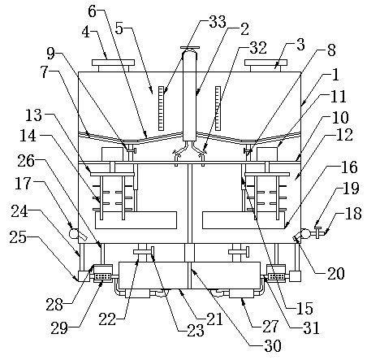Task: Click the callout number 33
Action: (x=217, y=22)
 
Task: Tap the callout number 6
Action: (x=92, y=11)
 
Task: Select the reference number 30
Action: (x=273, y=345)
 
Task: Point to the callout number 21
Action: (x=214, y=319)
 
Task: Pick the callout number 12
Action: (x=344, y=135)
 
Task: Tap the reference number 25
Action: (x=18, y=237)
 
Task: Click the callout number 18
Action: (x=353, y=213)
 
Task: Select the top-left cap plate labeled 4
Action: (x=113, y=63)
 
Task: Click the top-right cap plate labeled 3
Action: (x=266, y=63)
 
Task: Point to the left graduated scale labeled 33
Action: (x=161, y=108)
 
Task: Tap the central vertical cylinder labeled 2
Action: (x=189, y=95)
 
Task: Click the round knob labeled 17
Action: (x=74, y=233)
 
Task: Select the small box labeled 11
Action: (x=267, y=154)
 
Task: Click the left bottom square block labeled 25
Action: (x=84, y=276)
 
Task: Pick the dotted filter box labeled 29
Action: (x=102, y=277)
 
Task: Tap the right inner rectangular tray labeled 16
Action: (x=244, y=220)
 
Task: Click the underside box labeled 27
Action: (x=242, y=293)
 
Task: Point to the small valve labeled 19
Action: (x=317, y=232)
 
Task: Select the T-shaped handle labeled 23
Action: (x=153, y=254)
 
